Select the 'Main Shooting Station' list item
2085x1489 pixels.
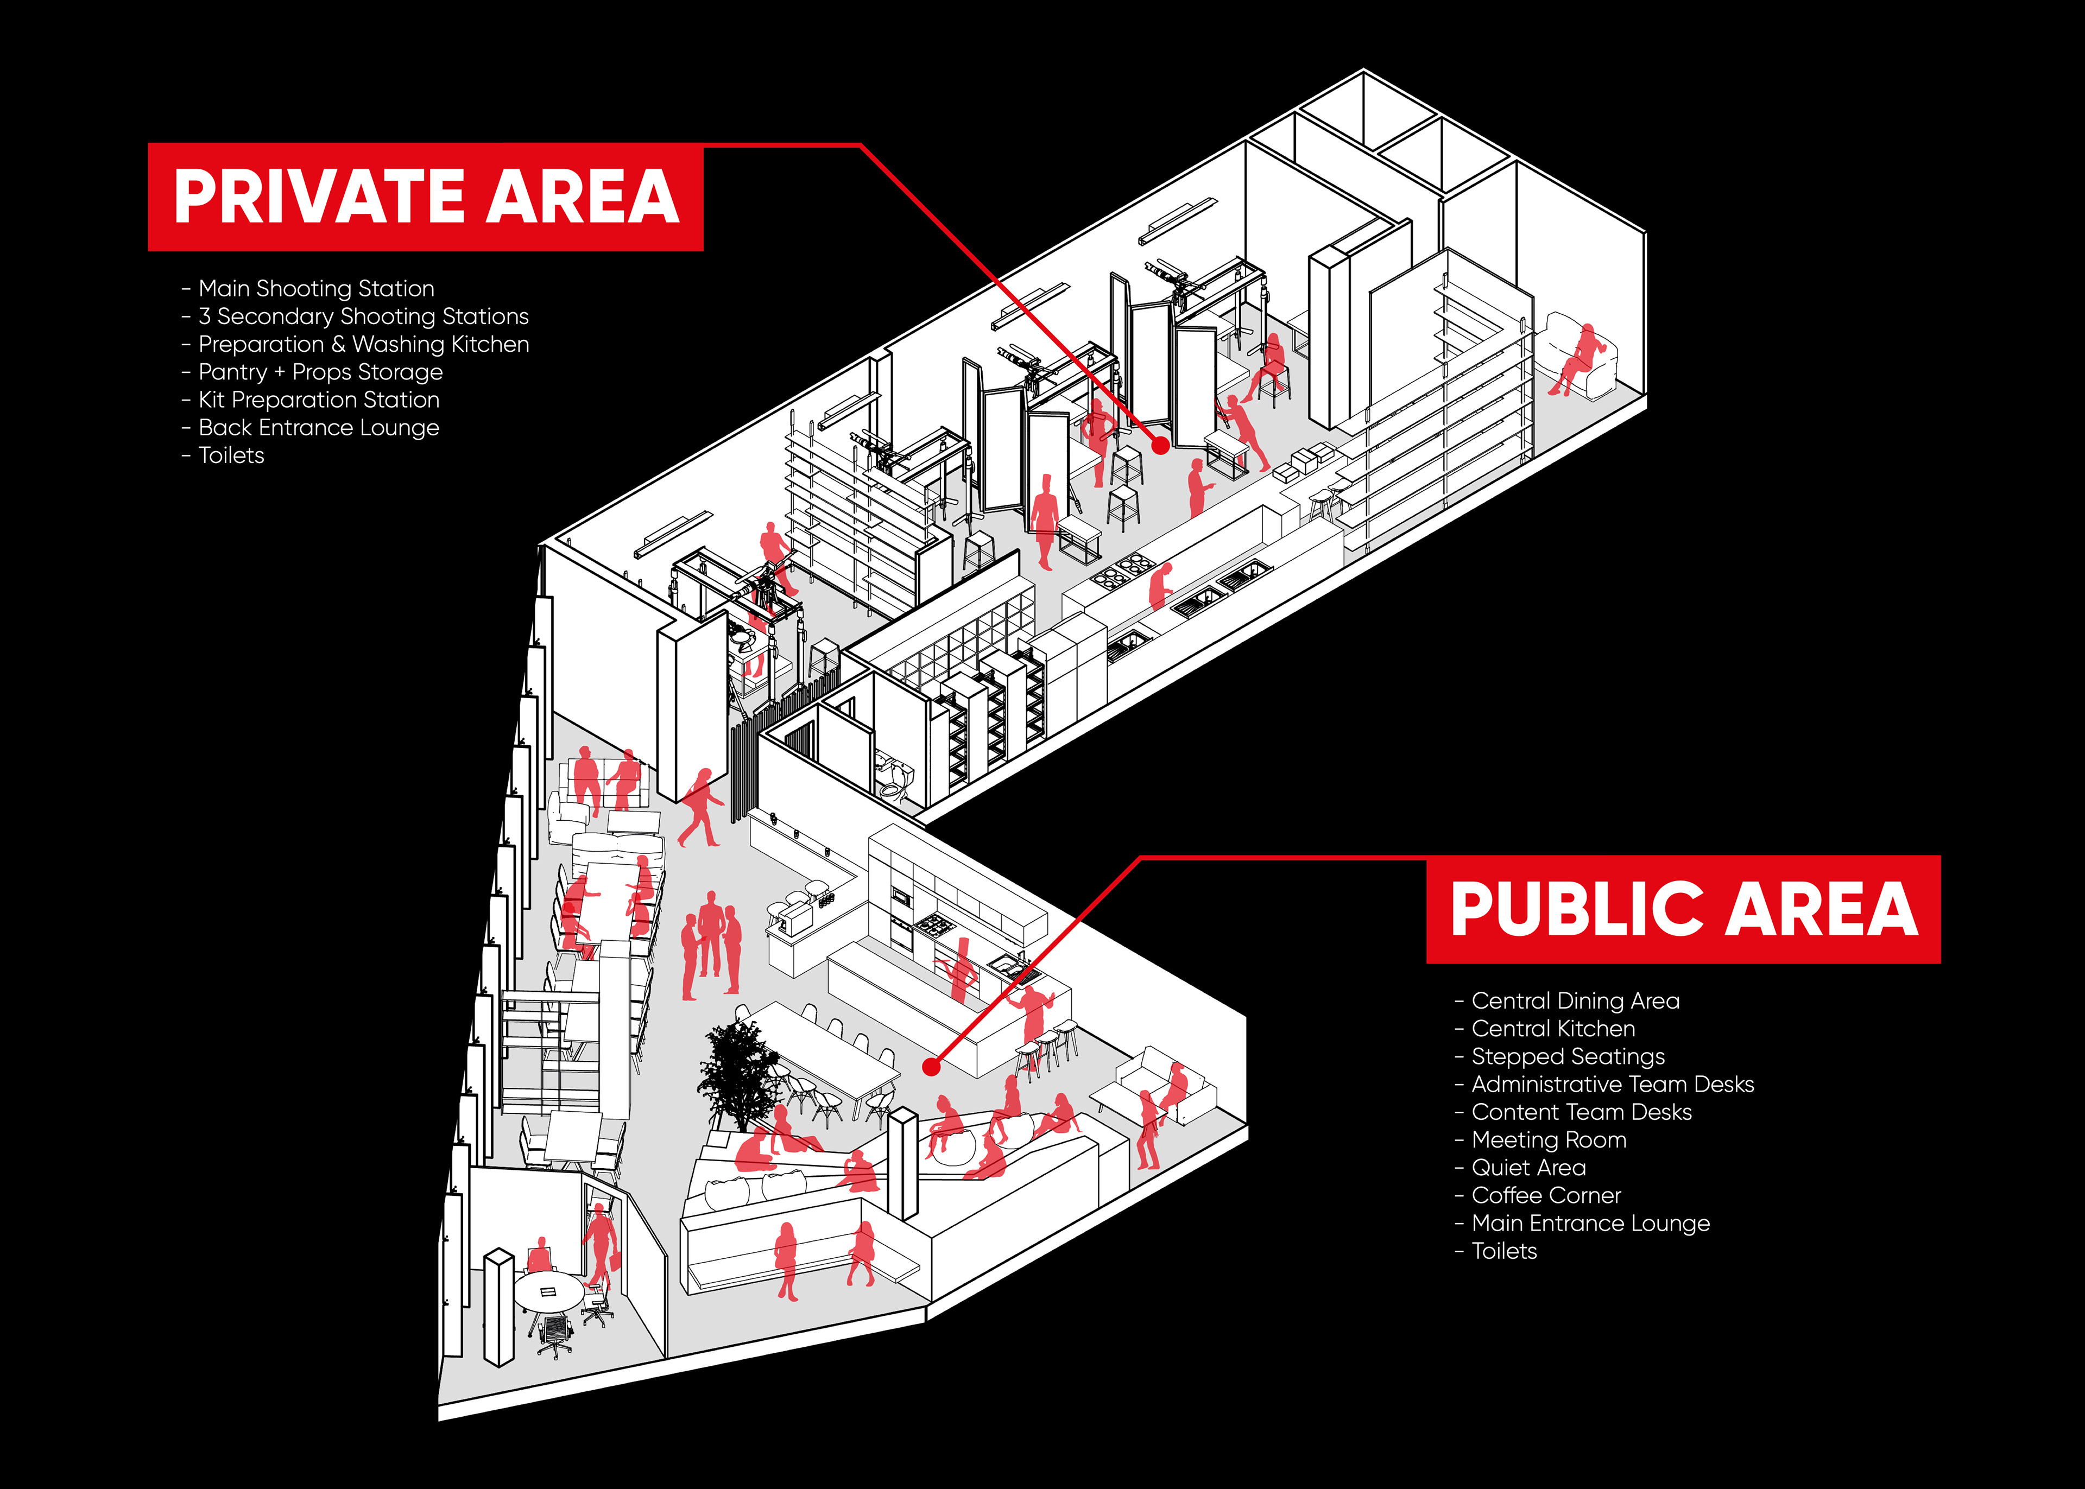click(x=317, y=289)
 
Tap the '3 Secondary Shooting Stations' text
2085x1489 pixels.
click(x=363, y=316)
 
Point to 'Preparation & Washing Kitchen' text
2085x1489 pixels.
click(x=363, y=345)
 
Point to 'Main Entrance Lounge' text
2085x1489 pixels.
click(x=1590, y=1224)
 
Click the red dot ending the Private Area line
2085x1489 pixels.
click(x=1160, y=446)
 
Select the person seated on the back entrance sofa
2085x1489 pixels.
click(x=1579, y=358)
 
